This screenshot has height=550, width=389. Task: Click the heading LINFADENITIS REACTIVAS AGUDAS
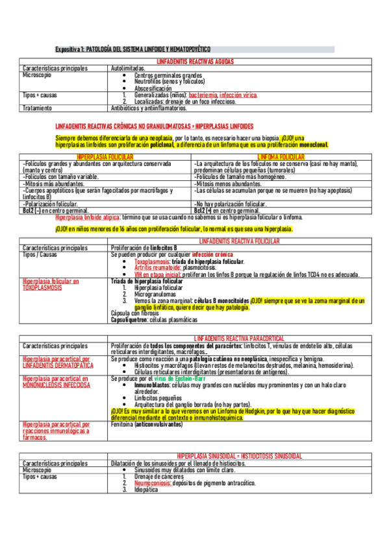(x=195, y=61)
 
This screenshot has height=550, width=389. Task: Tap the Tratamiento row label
(x=37, y=108)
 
